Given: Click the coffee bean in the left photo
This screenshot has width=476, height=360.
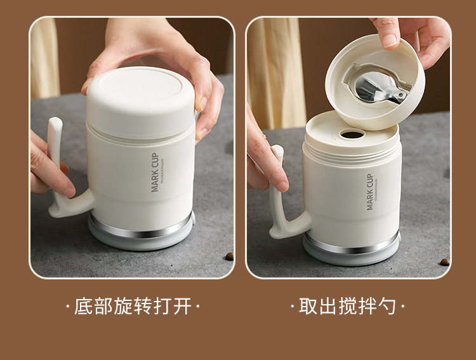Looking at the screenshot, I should point(229,256).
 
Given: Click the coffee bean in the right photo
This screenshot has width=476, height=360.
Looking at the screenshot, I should point(444,262).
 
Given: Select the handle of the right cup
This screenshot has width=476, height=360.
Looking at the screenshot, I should point(279,197).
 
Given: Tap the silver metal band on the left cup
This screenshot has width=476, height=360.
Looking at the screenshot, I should point(141,230).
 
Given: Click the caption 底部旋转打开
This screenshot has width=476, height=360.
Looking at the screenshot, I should point(133,307).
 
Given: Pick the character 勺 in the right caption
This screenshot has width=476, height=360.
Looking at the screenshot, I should point(388,307).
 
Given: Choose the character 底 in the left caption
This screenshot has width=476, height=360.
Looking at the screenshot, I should point(84,307).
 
